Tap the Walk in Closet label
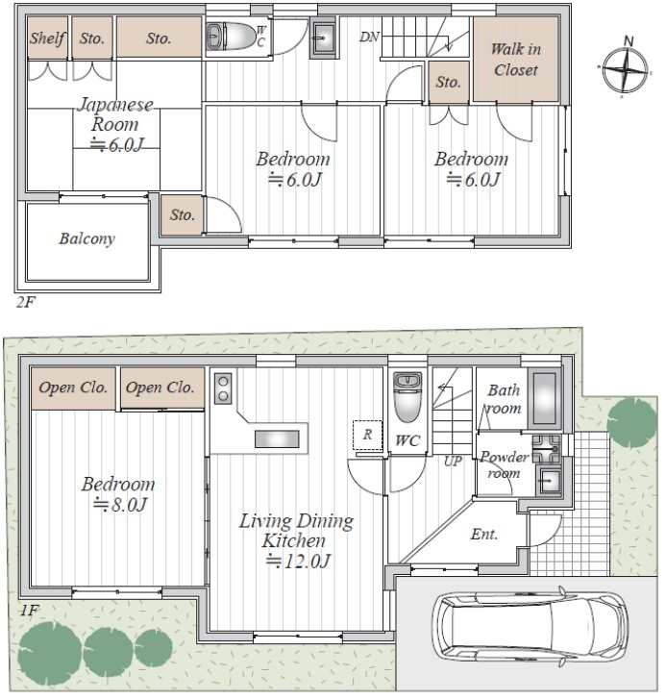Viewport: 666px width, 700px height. (516, 60)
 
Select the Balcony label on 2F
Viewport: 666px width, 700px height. (87, 238)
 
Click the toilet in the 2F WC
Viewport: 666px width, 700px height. (230, 37)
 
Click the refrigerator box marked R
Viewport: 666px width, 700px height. (367, 435)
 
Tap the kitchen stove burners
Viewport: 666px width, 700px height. (223, 388)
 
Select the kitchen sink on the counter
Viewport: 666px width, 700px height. (277, 438)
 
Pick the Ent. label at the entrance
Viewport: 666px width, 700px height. (484, 534)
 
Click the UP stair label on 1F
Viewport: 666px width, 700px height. (453, 462)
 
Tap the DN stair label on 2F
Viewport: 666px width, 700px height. (369, 37)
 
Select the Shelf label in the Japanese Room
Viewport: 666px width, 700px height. (47, 38)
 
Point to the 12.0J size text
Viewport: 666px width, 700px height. (298, 561)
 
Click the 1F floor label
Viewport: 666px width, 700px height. (30, 610)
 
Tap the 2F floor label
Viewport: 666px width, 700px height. (25, 302)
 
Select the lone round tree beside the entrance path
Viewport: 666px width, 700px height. (632, 420)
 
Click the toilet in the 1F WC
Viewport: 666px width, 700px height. (407, 397)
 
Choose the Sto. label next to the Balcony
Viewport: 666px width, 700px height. (182, 215)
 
